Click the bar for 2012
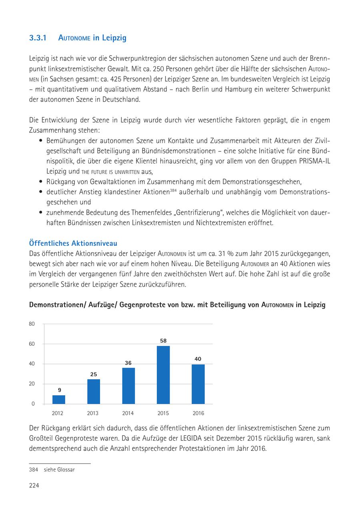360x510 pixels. [x=59, y=399]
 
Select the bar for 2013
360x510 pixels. [x=94, y=391]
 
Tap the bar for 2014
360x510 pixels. [x=128, y=386]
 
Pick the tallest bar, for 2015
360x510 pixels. [x=163, y=375]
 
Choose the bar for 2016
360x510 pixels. [x=198, y=384]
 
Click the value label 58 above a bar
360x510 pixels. [x=163, y=341]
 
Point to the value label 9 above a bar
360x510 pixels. [x=59, y=390]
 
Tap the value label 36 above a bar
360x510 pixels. [x=128, y=363]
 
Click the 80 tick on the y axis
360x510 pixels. [x=32, y=324]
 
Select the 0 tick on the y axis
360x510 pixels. [x=33, y=404]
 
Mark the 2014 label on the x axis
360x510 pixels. [x=128, y=413]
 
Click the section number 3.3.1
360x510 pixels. [x=38, y=38]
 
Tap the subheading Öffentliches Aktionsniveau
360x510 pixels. [x=73, y=243]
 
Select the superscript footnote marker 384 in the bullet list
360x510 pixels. [x=173, y=190]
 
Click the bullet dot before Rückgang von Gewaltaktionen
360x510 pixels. [x=42, y=182]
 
